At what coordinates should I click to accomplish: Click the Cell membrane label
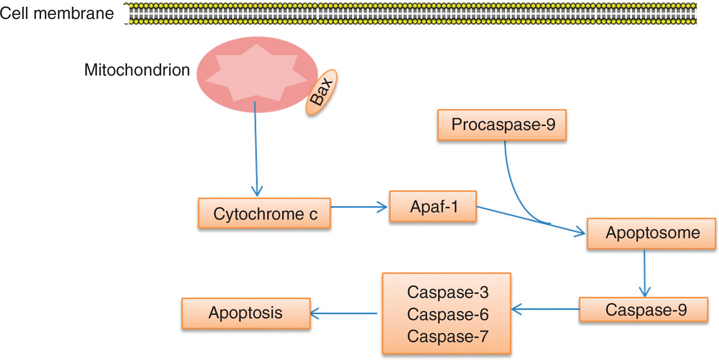(x=57, y=13)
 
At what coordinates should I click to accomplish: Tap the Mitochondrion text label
(x=137, y=70)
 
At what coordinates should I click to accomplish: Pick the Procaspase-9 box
(x=502, y=124)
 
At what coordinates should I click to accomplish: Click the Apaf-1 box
(x=433, y=206)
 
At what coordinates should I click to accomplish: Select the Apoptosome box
(x=652, y=233)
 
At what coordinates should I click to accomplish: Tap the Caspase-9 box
(x=643, y=309)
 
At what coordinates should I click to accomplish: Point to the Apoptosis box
(x=246, y=312)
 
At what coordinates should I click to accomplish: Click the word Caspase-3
(x=447, y=292)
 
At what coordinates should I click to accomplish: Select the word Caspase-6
(x=447, y=314)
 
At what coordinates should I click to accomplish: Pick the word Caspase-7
(x=447, y=336)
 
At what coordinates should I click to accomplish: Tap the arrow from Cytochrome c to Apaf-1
(x=360, y=206)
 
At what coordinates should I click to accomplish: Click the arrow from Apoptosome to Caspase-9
(x=645, y=272)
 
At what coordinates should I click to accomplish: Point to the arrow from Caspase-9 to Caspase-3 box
(x=546, y=308)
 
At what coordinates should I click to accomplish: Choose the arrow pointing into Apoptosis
(x=344, y=313)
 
